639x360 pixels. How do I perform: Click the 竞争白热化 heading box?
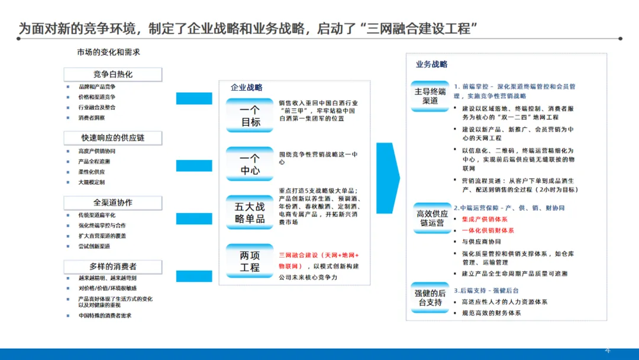point(112,75)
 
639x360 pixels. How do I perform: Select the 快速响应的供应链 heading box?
point(112,138)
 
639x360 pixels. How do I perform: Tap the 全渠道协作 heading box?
point(112,202)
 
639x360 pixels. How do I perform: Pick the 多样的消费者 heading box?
point(112,267)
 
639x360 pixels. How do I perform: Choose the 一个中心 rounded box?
point(250,164)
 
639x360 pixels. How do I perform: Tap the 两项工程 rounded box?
point(250,261)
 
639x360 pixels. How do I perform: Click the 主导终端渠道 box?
point(430,96)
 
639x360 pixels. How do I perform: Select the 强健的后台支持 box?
point(430,298)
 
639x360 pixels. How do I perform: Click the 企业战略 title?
point(247,88)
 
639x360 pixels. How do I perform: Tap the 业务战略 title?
point(431,65)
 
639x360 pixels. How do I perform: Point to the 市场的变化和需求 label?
point(108,52)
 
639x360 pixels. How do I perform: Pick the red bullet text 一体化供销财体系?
point(488,230)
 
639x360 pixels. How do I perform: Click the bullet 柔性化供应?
point(92,172)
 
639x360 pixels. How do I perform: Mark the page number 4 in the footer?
point(607,348)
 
